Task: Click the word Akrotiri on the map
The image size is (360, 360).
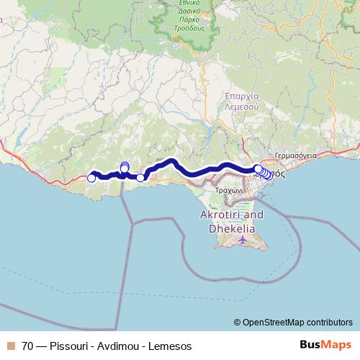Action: coord(222,215)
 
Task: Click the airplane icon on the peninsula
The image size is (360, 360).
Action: coord(244,240)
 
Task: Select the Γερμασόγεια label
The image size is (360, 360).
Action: coord(294,156)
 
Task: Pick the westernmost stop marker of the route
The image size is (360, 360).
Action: coord(91,178)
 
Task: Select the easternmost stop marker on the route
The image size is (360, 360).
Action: coord(269,175)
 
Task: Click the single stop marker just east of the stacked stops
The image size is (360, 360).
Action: coord(140,177)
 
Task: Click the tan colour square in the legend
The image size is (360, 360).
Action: coord(11,346)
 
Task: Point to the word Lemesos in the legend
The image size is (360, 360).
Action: coord(171,346)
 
